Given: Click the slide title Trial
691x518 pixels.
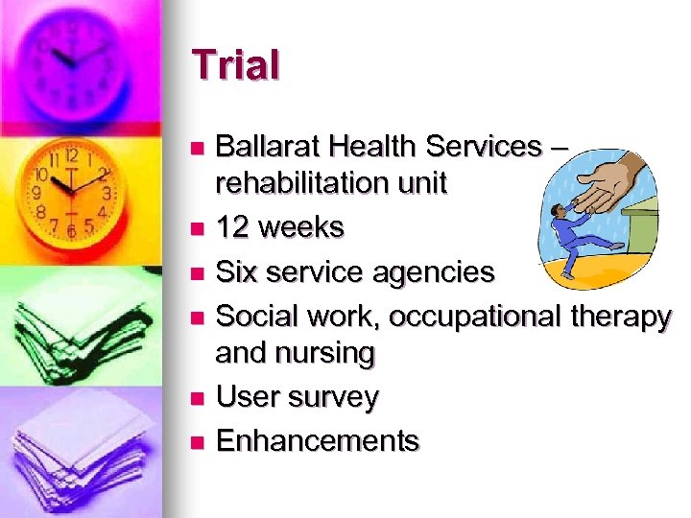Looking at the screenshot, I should [236, 65].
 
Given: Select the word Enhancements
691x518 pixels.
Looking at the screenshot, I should [318, 440].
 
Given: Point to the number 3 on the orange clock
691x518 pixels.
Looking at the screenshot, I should [107, 192].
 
